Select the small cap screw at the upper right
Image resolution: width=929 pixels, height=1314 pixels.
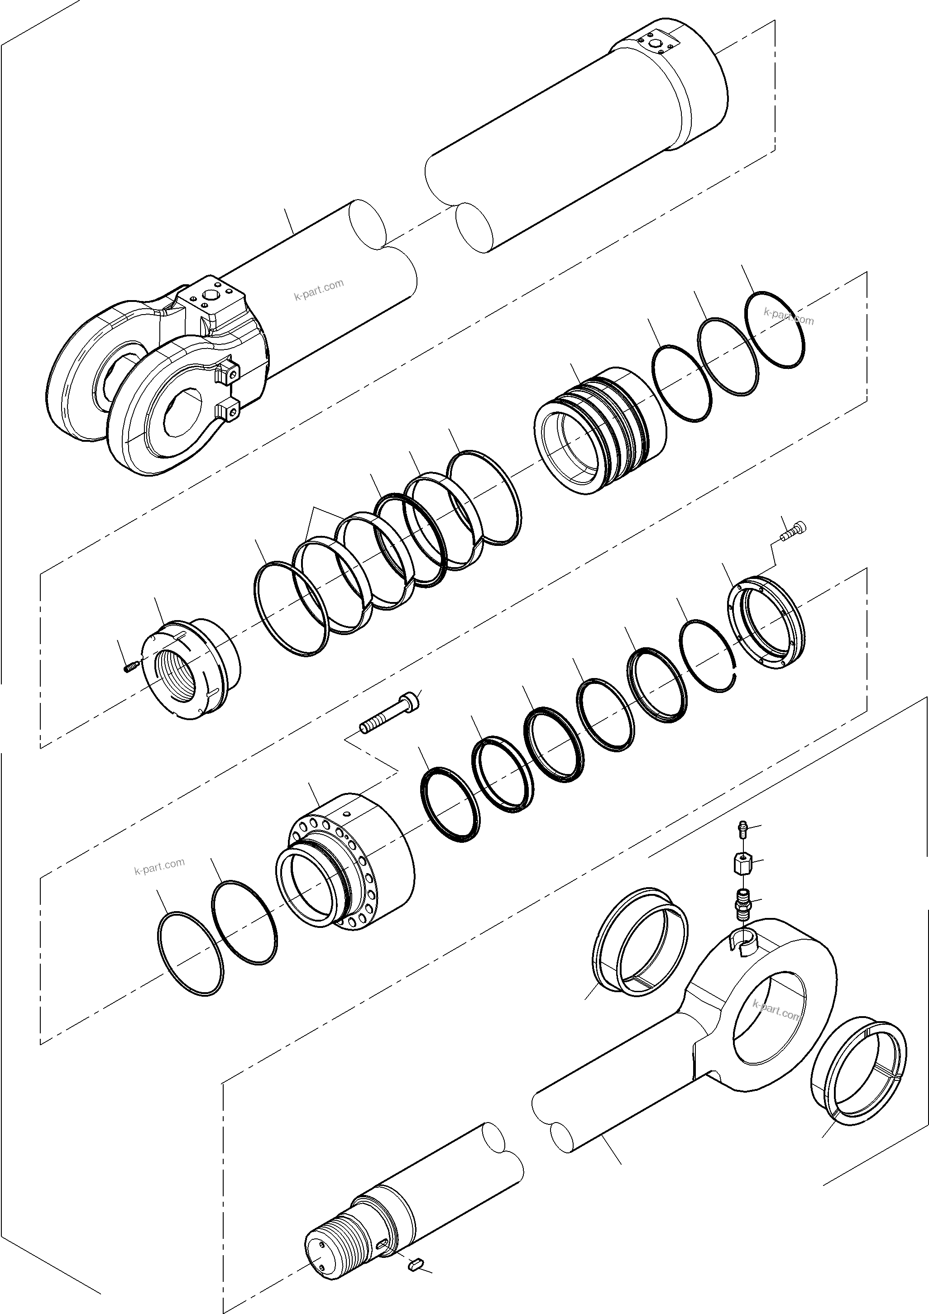[x=795, y=530]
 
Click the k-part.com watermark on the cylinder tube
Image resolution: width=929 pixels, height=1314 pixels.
[x=319, y=290]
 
